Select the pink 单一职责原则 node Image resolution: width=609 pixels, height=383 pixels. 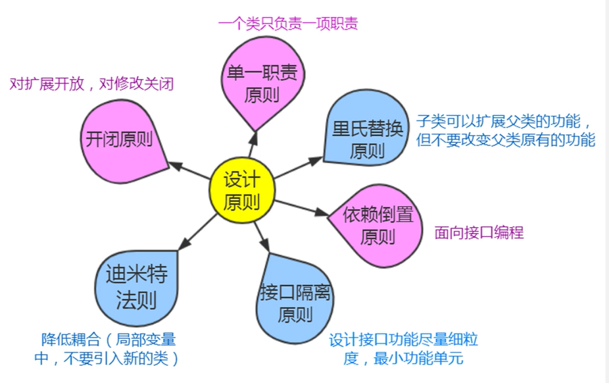coord(262,83)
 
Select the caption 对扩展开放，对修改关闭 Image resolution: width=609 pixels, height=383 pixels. coord(91,84)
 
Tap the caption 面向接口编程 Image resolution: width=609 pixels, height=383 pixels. coord(479,232)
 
